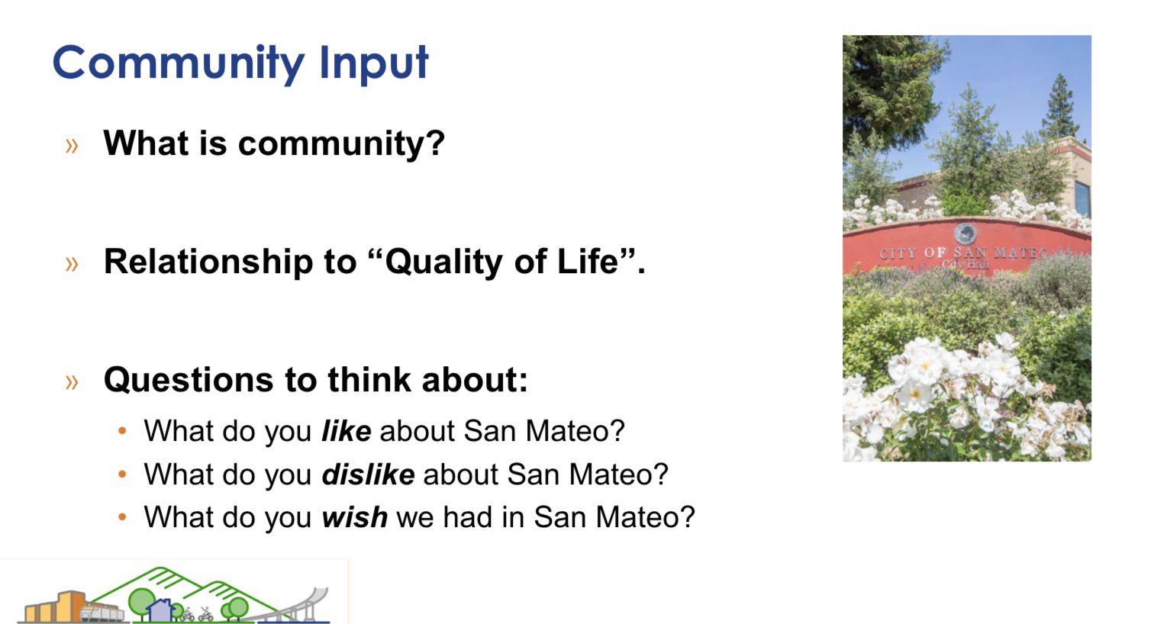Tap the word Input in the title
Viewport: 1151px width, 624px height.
373,63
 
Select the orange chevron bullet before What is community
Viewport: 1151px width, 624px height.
72,146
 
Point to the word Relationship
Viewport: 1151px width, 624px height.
208,262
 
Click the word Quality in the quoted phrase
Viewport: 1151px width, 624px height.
443,262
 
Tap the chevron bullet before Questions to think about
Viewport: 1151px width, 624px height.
72,382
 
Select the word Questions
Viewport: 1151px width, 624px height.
188,380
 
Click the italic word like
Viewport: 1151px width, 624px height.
347,430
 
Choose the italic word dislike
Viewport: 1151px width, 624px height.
368,474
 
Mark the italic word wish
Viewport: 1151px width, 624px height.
355,516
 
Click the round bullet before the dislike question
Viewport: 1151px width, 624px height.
122,474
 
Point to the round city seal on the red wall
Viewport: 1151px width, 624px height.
966,233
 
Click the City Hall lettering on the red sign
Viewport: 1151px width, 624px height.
965,265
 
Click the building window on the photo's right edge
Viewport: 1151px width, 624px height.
1082,198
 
